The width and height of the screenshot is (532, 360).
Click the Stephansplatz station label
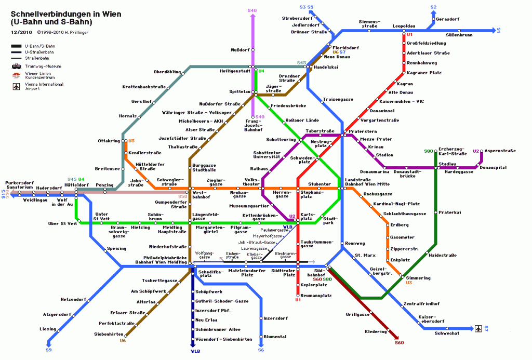pos(310,194)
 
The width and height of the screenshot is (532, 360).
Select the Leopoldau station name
pos(404,25)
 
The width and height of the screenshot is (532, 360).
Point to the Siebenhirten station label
pos(108,334)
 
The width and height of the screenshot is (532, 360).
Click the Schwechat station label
pos(447,333)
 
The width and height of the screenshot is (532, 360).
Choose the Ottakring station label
pos(109,141)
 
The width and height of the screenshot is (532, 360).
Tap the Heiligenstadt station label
pos(235,71)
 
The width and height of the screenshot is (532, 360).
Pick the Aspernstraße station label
pos(501,151)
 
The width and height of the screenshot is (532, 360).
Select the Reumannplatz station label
pos(316,295)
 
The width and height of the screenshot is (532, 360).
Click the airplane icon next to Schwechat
pos(478,328)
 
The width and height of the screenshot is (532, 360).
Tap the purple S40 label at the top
pos(252,10)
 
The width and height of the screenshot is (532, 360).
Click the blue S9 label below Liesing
pos(48,350)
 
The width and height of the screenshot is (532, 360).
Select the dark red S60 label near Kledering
pos(399,342)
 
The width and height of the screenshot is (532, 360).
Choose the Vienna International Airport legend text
pos(44,86)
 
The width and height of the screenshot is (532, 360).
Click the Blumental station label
pos(275,337)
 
